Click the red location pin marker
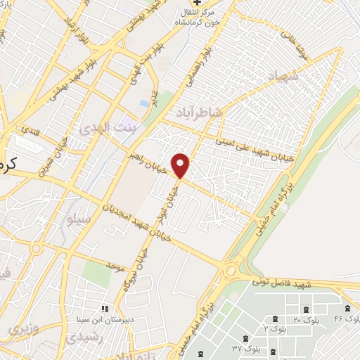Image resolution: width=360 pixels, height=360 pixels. click(x=181, y=165)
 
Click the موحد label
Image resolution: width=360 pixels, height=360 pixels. click(x=115, y=266)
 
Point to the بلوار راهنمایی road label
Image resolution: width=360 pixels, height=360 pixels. click(x=196, y=75)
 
